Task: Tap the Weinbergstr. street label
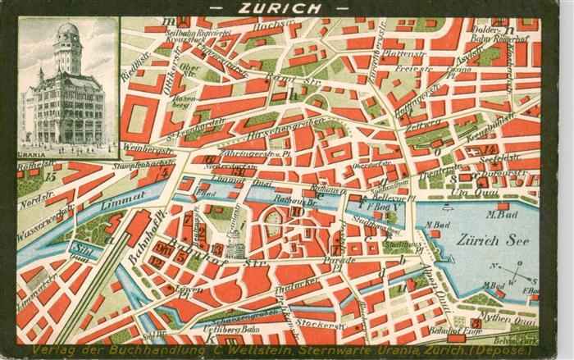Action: coord(148,150)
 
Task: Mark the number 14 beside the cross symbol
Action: coord(490,149)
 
